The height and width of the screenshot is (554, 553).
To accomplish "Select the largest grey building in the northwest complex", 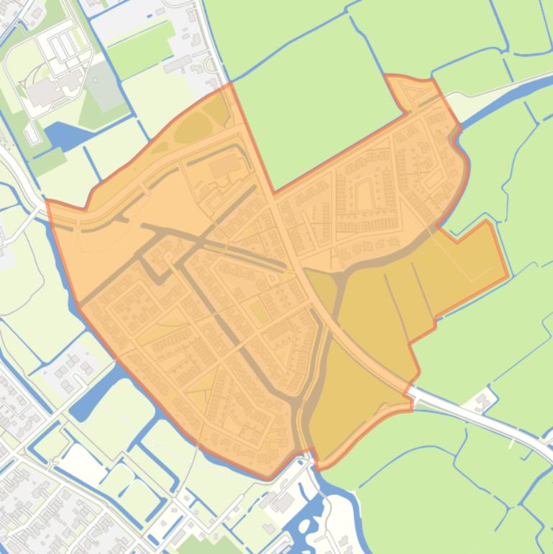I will click(x=45, y=90).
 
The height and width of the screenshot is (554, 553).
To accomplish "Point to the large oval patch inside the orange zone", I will click(x=191, y=128).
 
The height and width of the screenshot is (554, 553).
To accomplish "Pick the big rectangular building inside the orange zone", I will click(x=225, y=168).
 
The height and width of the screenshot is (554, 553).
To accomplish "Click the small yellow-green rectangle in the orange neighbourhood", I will click(x=257, y=311).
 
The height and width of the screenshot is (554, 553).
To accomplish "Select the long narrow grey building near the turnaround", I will click(x=177, y=65).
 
